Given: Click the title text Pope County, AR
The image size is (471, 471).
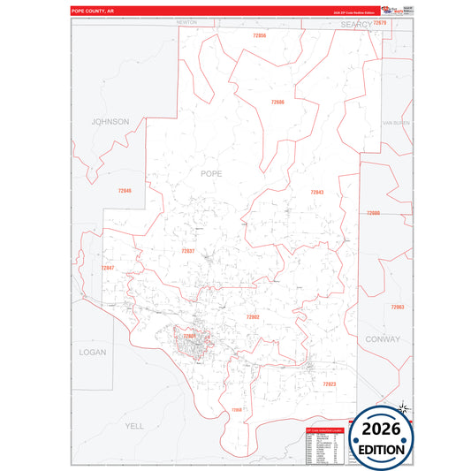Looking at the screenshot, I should (x=93, y=11).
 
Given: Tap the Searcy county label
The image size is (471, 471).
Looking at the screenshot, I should (x=357, y=26).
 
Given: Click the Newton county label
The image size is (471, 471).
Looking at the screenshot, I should (x=186, y=21).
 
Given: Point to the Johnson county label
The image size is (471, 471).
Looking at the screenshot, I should (x=110, y=121).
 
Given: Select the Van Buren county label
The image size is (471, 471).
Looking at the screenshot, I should (x=396, y=122).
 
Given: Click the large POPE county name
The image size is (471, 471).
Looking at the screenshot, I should (x=212, y=173).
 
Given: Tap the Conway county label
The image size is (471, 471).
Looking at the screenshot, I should (x=382, y=338).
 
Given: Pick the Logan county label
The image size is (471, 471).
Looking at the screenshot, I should (x=92, y=352).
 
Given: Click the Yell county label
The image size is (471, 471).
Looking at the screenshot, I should (x=134, y=425).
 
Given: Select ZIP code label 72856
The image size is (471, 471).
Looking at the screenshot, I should (x=259, y=35).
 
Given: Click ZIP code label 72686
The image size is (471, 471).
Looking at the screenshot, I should (x=277, y=103).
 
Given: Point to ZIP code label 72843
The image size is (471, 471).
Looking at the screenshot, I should (x=316, y=192).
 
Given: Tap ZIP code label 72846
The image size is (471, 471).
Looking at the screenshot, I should (x=124, y=191).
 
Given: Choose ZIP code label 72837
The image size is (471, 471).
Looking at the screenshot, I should (x=187, y=251).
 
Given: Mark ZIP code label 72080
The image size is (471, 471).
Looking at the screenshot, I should (x=373, y=213).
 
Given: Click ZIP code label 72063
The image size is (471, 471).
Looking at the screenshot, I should (x=397, y=307).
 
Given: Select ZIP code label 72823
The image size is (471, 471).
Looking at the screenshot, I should (x=329, y=384).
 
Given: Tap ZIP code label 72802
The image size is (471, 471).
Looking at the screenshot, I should (x=253, y=316).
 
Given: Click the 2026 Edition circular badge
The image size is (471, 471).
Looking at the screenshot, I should (x=382, y=436).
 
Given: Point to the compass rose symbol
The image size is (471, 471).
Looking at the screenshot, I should (x=402, y=407).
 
